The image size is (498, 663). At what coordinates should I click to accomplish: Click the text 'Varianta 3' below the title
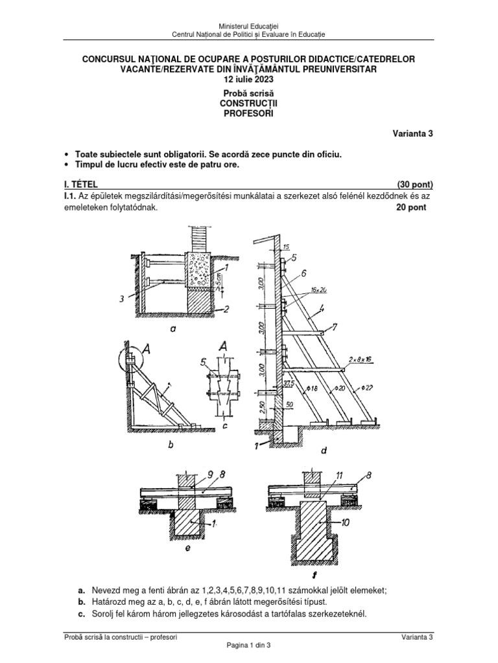pos(412,134)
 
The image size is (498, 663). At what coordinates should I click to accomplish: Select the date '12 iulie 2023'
pos(248,80)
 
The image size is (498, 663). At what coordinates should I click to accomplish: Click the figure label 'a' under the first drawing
pos(172,329)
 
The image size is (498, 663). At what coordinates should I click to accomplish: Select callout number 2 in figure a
pos(225,310)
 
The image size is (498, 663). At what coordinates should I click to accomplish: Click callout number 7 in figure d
pos(334,326)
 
